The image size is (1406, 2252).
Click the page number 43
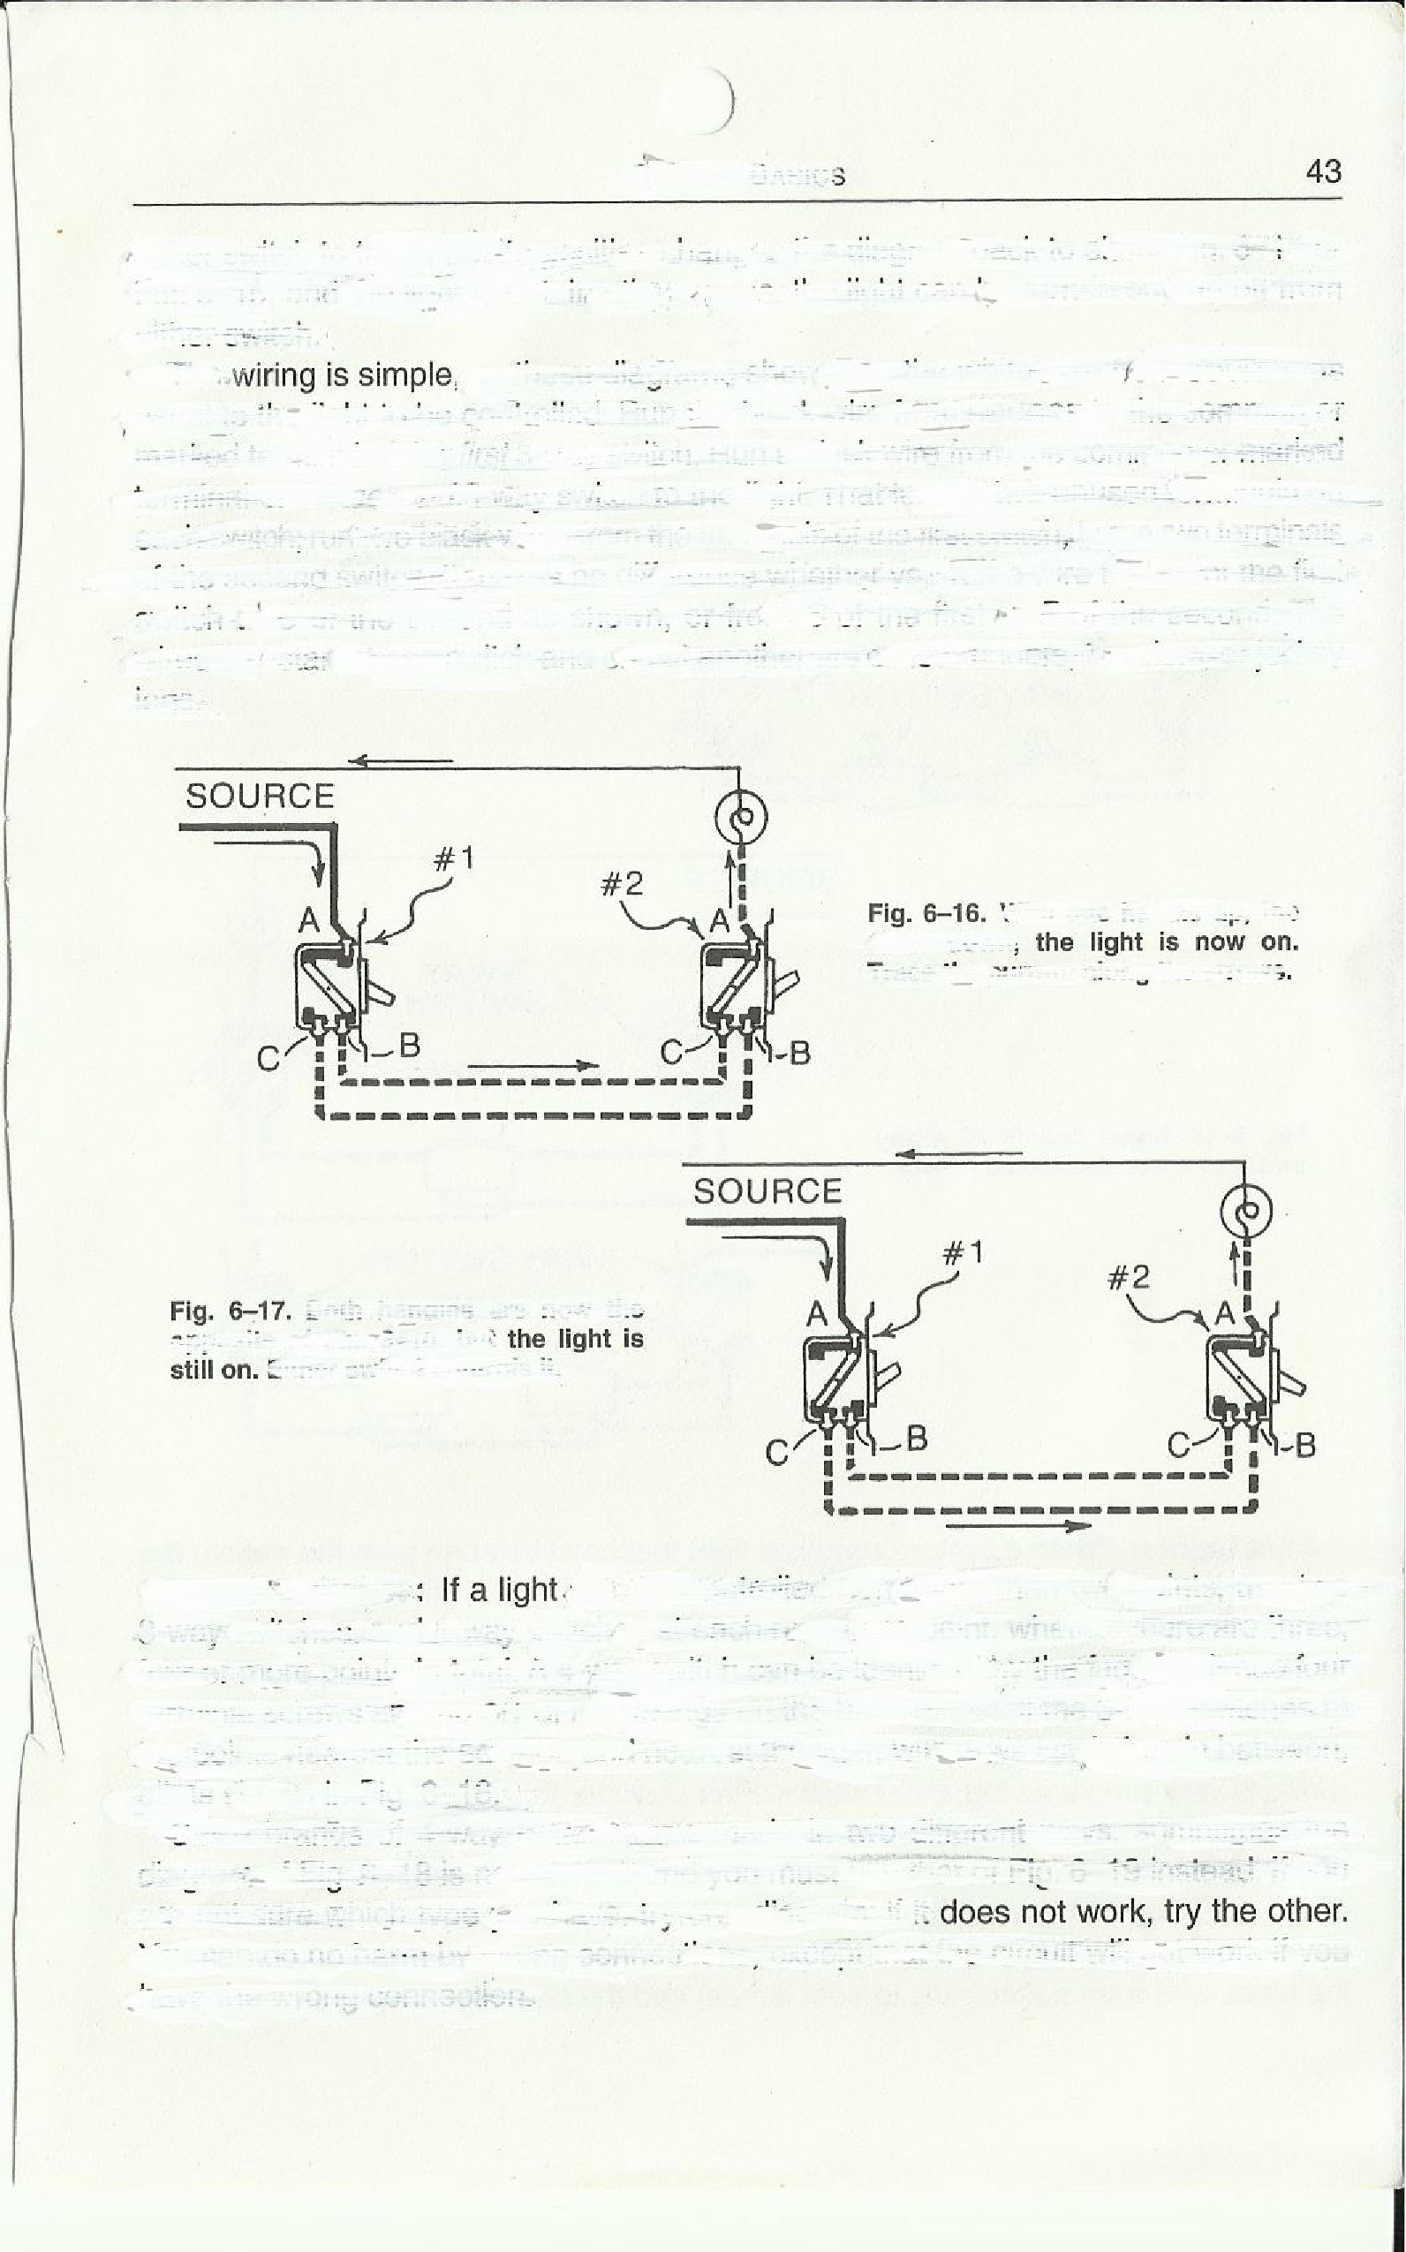tap(1323, 172)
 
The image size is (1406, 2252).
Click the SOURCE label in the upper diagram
tap(260, 797)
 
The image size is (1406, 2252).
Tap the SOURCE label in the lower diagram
tap(767, 1192)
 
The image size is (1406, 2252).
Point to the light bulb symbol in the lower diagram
tap(1246, 1212)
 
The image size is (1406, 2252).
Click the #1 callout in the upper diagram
tap(454, 859)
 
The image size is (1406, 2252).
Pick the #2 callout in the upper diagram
tap(621, 883)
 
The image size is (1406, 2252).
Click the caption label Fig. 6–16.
tap(926, 913)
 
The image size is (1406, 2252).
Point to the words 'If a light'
tap(499, 1590)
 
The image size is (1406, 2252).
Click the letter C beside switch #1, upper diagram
tap(269, 1059)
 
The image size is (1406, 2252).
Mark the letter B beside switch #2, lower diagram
tap(1304, 1445)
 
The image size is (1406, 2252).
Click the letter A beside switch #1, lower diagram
tap(816, 1315)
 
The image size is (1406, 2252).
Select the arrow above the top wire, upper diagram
tap(400, 761)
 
